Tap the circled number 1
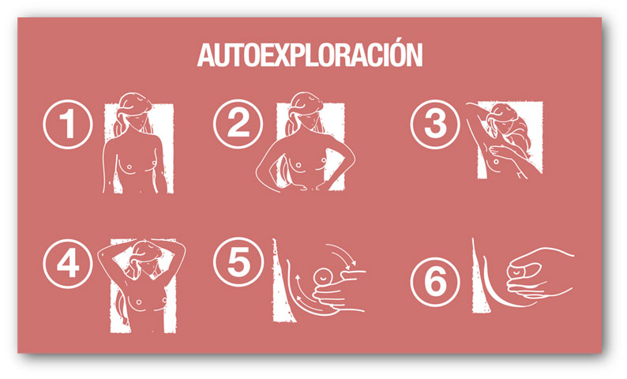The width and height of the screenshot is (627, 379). [68, 124]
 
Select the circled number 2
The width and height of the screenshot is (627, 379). [238, 124]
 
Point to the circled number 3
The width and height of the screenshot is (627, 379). [435, 124]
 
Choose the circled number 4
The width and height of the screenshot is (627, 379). [68, 264]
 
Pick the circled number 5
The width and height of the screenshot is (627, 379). [238, 262]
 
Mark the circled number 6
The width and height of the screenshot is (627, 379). [435, 282]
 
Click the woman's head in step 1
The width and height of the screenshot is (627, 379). [136, 110]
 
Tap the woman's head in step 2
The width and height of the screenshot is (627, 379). [306, 109]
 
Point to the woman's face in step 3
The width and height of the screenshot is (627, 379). [503, 121]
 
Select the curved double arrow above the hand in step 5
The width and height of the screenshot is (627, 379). [342, 255]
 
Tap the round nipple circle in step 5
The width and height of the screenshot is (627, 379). [322, 276]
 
